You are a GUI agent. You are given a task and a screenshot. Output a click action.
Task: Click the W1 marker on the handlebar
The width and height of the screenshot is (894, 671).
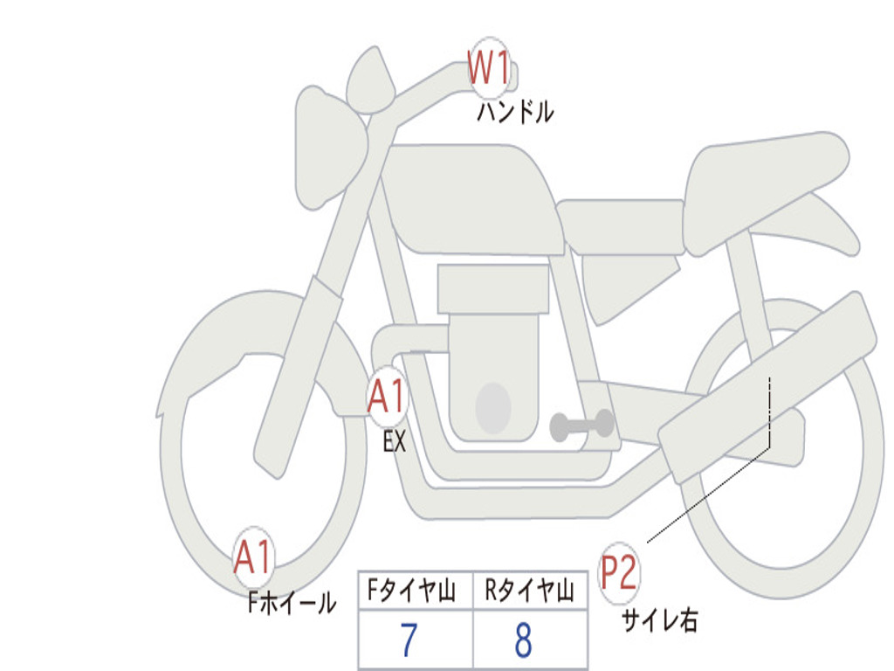pyautogui.click(x=489, y=68)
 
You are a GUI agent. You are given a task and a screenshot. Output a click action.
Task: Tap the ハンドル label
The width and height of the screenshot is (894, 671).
pyautogui.click(x=515, y=112)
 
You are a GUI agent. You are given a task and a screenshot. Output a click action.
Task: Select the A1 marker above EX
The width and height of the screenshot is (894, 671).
pyautogui.click(x=388, y=397)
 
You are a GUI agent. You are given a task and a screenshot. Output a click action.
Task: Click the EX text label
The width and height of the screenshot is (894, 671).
pyautogui.click(x=395, y=441)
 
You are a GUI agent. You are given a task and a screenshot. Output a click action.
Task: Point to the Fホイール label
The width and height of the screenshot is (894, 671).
pyautogui.click(x=292, y=602)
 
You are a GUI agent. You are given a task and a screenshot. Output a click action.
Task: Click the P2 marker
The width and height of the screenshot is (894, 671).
pyautogui.click(x=619, y=573)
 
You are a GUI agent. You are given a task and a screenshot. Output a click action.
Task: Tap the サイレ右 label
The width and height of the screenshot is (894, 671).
pyautogui.click(x=660, y=619)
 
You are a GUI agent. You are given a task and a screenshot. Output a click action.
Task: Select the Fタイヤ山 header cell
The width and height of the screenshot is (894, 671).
pyautogui.click(x=416, y=590)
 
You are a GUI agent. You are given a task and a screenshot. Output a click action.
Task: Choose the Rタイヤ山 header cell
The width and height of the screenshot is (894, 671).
pyautogui.click(x=530, y=590)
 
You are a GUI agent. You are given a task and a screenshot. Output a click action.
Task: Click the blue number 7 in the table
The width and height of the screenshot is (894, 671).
pyautogui.click(x=409, y=640)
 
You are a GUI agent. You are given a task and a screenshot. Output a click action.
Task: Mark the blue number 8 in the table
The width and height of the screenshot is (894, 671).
pyautogui.click(x=524, y=640)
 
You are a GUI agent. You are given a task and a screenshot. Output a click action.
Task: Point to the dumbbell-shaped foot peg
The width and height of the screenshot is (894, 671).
pyautogui.click(x=581, y=425)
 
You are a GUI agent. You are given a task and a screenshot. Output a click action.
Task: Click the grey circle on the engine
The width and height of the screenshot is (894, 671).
pyautogui.click(x=493, y=408)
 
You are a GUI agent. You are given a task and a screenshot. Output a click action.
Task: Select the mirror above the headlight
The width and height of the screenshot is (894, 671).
pyautogui.click(x=370, y=80)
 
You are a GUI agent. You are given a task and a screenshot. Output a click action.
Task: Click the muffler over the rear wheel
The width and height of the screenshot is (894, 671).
pyautogui.click(x=767, y=388)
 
